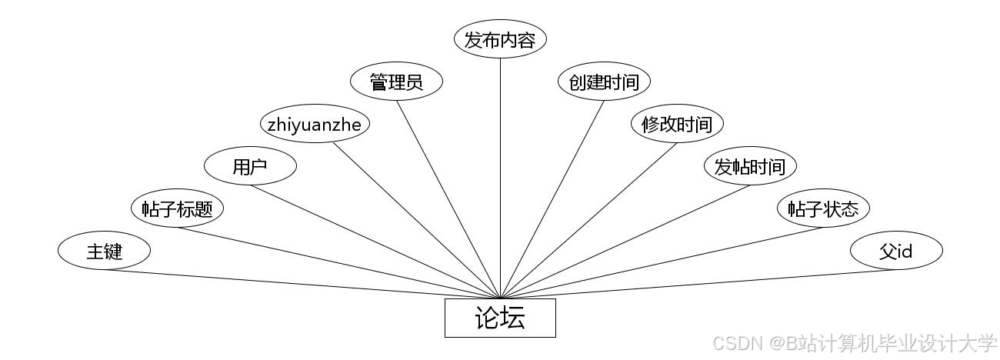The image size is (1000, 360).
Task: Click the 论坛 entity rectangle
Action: [500, 318]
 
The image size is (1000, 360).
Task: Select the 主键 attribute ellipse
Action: [104, 251]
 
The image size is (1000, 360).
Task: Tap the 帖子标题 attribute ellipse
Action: [177, 208]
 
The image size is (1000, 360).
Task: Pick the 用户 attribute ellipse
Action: [250, 166]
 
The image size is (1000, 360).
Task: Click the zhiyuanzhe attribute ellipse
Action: [314, 124]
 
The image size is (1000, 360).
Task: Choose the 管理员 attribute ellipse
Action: [396, 82]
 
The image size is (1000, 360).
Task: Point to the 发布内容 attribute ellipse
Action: [500, 40]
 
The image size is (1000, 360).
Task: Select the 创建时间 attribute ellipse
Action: [604, 82]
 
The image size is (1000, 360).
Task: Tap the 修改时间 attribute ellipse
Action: [677, 124]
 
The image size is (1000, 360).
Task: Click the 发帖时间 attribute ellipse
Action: [750, 166]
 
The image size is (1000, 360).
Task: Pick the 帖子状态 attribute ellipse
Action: [823, 208]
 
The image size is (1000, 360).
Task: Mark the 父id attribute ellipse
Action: [896, 251]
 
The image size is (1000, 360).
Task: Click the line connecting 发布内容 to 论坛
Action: [500, 177]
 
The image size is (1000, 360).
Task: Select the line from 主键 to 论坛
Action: [302, 284]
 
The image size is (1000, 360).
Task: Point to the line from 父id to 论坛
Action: [698, 284]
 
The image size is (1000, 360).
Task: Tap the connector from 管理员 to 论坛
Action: [448, 199]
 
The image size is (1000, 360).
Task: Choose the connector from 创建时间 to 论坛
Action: [552, 199]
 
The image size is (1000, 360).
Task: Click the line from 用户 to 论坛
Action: [375, 242]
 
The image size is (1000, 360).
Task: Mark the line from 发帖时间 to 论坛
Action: [625, 242]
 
